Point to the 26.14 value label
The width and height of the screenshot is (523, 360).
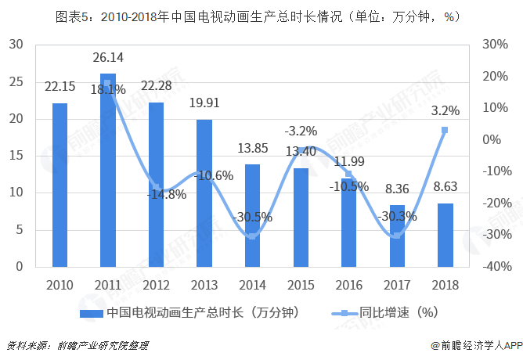[108, 57]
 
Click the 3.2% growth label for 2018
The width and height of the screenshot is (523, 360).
[445, 111]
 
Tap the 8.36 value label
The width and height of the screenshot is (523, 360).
[397, 188]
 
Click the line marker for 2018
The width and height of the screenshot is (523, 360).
[445, 130]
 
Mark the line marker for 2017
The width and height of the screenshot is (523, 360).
[397, 236]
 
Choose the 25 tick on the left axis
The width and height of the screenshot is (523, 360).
[15, 81]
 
